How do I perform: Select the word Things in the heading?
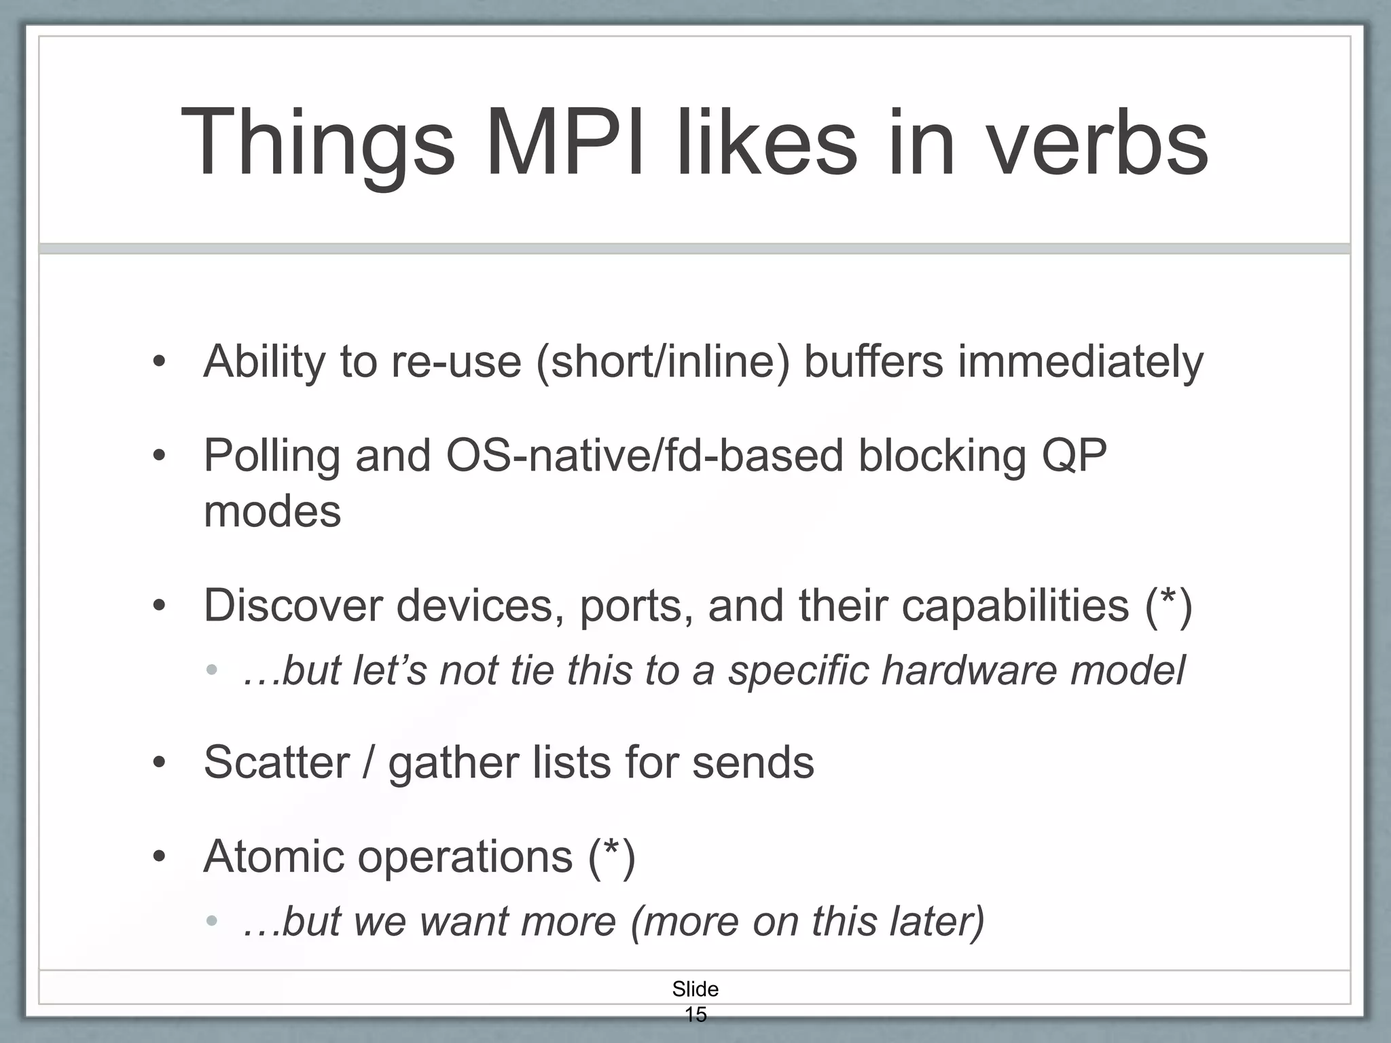coord(317,144)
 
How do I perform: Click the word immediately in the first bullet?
coord(1080,361)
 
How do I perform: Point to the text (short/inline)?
coord(663,361)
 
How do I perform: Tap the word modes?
coord(272,511)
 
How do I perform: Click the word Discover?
coord(293,605)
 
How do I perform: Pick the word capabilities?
coord(1015,605)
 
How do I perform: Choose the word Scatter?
coord(276,763)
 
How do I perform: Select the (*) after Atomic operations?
coord(611,856)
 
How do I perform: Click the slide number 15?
coord(695,1014)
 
